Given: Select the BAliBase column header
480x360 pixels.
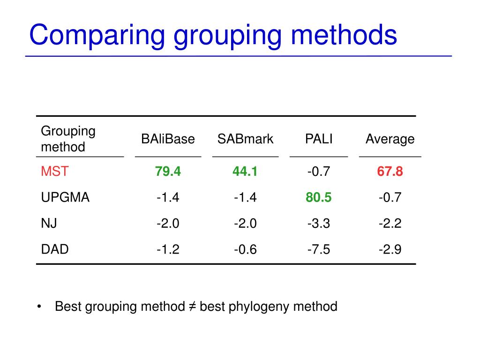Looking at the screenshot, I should [x=168, y=139].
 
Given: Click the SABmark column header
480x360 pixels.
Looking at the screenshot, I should [x=245, y=139].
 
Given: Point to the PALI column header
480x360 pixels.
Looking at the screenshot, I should [x=319, y=139].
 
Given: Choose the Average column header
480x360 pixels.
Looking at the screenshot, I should [x=390, y=139].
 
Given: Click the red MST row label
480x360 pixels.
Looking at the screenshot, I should [x=54, y=172].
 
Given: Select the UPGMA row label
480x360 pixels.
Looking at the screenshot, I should [x=65, y=197].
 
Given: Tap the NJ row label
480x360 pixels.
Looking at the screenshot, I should [x=49, y=224].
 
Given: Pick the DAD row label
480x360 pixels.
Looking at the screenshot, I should [x=55, y=249].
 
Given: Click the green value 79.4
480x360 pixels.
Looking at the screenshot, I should [x=168, y=172].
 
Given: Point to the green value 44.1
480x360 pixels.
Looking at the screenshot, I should [x=245, y=172].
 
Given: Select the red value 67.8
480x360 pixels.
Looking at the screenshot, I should [x=390, y=172].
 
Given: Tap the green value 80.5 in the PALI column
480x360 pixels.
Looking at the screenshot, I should [x=319, y=197].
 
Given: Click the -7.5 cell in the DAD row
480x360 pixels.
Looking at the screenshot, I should [x=319, y=249].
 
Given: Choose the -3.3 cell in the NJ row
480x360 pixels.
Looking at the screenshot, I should [x=319, y=224].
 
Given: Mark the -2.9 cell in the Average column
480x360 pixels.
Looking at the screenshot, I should [x=390, y=249].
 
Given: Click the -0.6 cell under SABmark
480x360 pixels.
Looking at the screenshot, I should [x=245, y=249].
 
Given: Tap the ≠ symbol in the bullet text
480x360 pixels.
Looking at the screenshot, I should [x=192, y=307].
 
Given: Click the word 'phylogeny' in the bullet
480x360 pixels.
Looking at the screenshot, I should [x=259, y=307].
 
